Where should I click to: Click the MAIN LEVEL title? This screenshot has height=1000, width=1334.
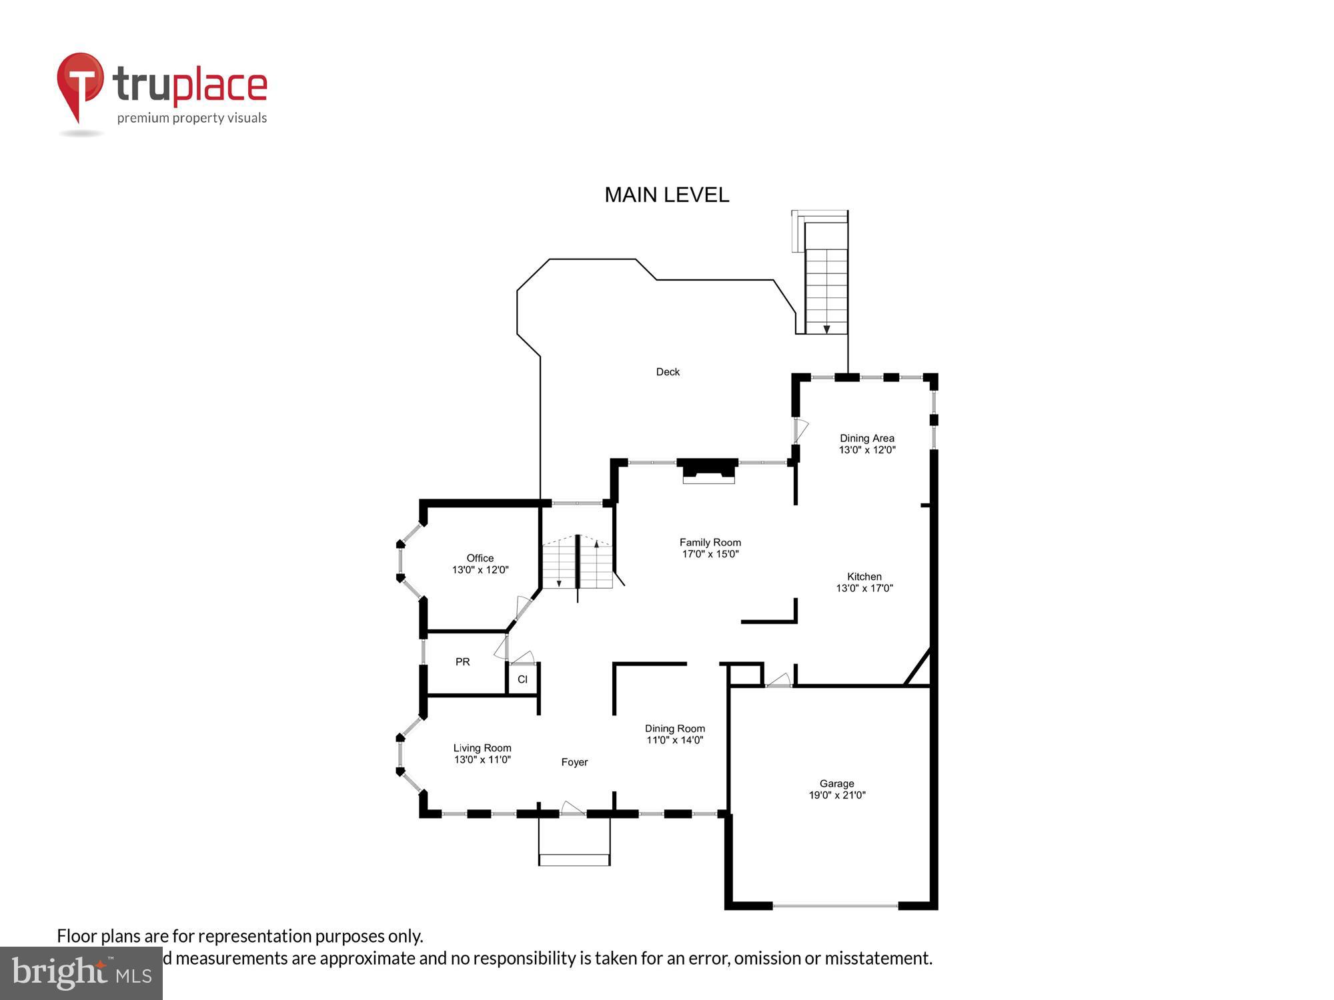click(666, 195)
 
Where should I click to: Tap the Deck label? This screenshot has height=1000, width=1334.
click(668, 372)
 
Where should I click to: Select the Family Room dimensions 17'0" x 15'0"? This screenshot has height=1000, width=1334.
click(710, 554)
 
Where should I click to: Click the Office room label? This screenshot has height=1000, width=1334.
click(480, 558)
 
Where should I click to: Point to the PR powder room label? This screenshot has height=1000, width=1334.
click(462, 662)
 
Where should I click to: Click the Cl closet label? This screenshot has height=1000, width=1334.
click(522, 679)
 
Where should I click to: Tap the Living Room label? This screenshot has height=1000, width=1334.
click(482, 748)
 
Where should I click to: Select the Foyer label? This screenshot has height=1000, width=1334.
click(574, 762)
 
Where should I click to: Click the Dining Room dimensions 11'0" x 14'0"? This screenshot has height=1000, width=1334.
click(674, 740)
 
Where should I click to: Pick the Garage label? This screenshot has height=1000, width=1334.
click(836, 783)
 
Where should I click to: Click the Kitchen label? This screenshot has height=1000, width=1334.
click(864, 577)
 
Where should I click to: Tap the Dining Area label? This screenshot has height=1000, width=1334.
click(866, 438)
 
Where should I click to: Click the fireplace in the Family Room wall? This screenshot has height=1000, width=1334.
click(708, 470)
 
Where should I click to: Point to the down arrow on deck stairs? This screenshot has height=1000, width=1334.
click(826, 329)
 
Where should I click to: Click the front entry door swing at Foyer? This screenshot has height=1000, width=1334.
click(572, 809)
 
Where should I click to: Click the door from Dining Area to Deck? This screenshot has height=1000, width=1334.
click(800, 431)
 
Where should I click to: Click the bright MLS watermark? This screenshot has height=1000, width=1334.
click(81, 973)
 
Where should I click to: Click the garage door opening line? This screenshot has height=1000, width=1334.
click(835, 905)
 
